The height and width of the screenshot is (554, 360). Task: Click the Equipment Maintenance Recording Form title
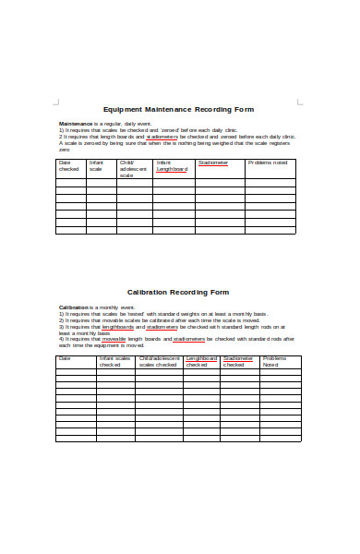178,109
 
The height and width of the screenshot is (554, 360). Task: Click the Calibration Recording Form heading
178,292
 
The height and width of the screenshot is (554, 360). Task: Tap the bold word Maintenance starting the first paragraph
76,124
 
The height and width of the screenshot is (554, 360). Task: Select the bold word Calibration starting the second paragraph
74,307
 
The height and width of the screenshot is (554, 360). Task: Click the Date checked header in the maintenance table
70,166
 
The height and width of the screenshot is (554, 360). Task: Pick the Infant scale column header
96,166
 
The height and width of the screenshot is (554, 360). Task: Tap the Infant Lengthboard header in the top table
172,166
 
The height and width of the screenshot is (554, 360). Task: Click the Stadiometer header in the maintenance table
213,163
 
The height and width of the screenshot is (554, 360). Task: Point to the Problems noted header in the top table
268,163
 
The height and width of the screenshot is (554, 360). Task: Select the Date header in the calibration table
65,357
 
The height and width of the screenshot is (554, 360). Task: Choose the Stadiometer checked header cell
238,361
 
